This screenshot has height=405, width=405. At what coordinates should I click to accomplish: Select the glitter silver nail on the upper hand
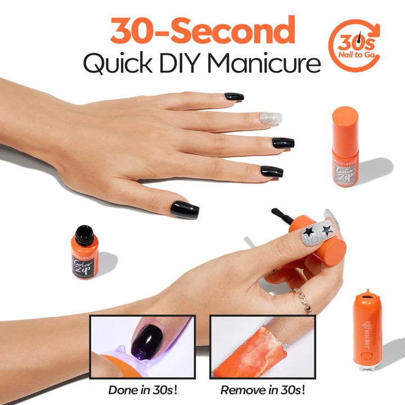coord(269,118)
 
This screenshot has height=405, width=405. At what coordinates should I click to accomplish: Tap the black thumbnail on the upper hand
coord(184,209)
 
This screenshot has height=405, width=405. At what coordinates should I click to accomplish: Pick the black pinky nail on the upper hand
coord(272,171)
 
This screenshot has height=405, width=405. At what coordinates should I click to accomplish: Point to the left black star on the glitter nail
coord(308,231)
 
